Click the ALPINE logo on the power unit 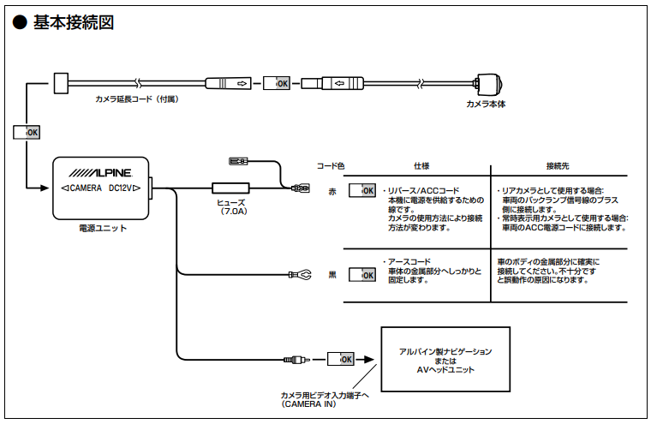tap(101, 172)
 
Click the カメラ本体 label tap(486, 104)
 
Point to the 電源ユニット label tap(102, 228)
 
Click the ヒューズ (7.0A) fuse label tap(231, 206)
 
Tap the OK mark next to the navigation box tap(342, 359)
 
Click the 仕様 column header tap(421, 165)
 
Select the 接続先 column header tap(558, 165)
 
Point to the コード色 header tap(331, 165)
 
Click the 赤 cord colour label tap(333, 190)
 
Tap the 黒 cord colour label tap(333, 275)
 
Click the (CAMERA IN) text tap(309, 403)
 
